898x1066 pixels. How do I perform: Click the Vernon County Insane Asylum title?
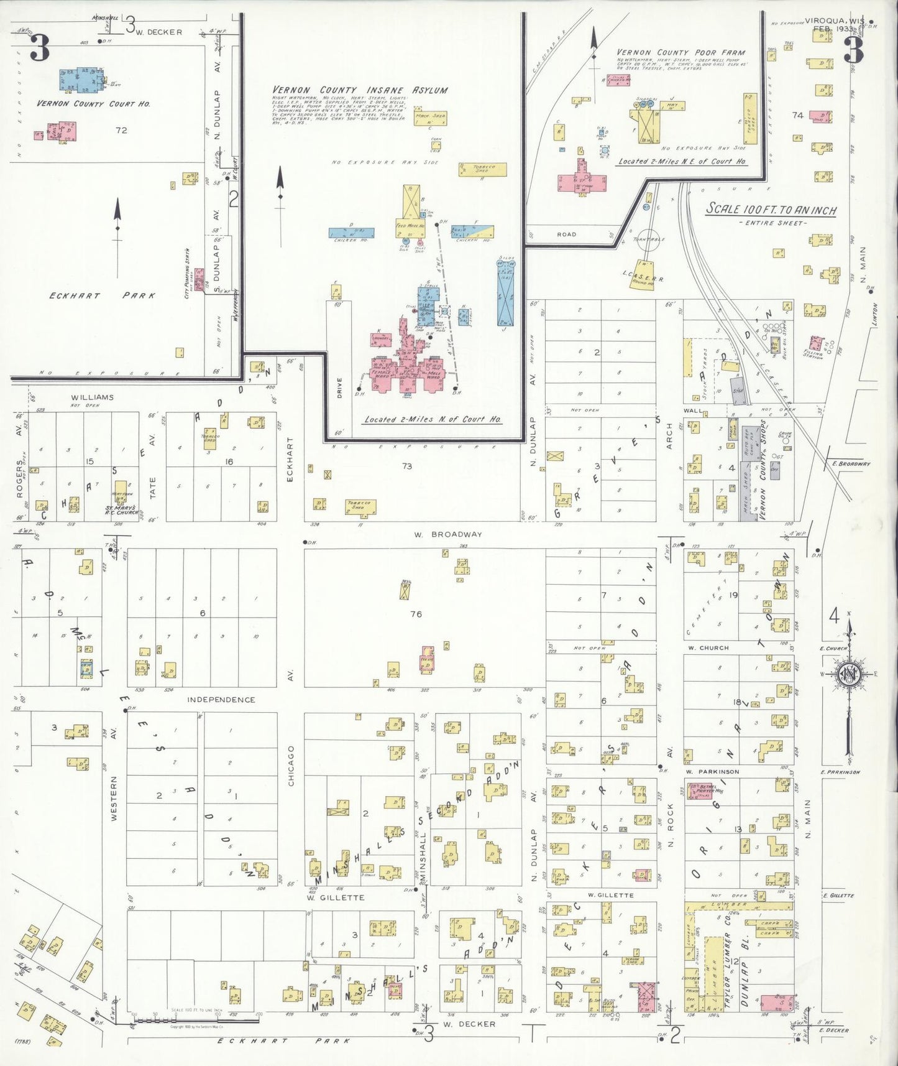coord(360,90)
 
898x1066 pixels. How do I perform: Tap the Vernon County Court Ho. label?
coord(93,104)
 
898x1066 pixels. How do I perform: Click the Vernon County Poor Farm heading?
coord(680,53)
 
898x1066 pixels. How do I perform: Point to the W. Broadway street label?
coord(448,534)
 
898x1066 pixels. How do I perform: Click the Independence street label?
coord(221,700)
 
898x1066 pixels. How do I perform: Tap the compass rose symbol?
coord(848,674)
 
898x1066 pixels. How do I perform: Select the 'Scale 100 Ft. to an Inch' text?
coord(771,210)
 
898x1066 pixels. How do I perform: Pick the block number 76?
coord(416,614)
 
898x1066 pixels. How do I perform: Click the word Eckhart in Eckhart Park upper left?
coord(75,295)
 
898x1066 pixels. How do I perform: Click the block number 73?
coord(406,466)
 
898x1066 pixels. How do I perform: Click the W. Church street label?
coord(708,647)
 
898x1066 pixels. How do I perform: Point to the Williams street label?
coord(92,397)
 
